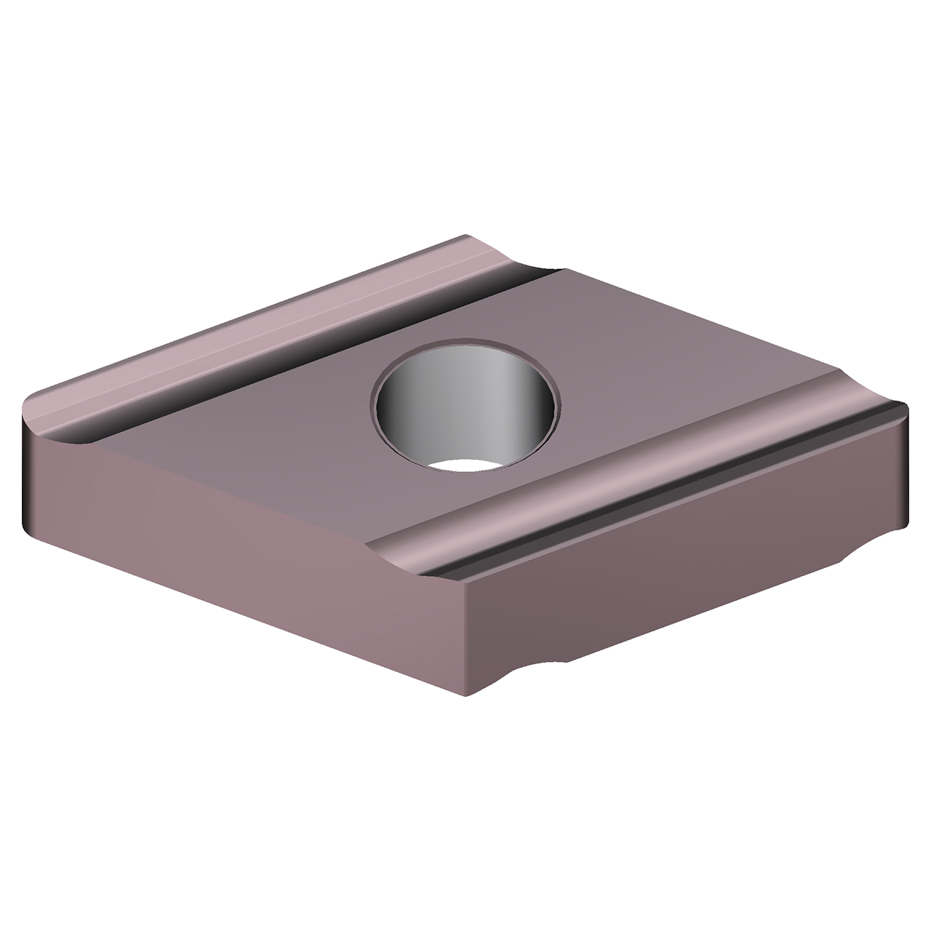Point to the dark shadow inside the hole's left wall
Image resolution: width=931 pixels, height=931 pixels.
[x=393, y=407]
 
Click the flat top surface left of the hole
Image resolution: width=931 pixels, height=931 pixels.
[x=276, y=422]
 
